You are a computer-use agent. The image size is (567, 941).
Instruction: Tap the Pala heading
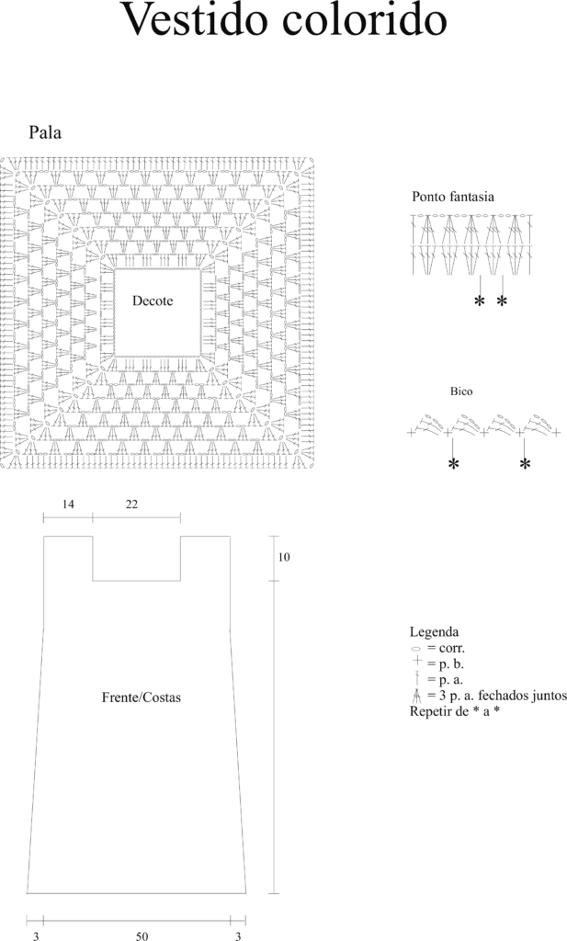(45, 132)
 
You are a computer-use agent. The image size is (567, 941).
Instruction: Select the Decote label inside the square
(153, 300)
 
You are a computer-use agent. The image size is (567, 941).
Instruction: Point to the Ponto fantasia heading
(453, 197)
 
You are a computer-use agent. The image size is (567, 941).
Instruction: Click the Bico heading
(461, 391)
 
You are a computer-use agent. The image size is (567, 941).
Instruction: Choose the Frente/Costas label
(141, 697)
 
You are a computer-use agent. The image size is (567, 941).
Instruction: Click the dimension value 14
(68, 505)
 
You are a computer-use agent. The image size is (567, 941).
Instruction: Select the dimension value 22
(131, 505)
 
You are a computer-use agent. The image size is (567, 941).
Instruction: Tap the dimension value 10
(284, 557)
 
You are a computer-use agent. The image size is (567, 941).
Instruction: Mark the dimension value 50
(142, 935)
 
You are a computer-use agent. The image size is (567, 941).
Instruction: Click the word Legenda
(434, 632)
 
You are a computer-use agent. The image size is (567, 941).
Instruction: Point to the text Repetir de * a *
(455, 712)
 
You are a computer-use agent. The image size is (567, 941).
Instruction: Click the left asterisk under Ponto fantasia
(480, 301)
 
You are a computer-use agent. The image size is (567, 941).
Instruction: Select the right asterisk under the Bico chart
(525, 464)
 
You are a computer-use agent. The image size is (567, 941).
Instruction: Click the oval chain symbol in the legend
(415, 649)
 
